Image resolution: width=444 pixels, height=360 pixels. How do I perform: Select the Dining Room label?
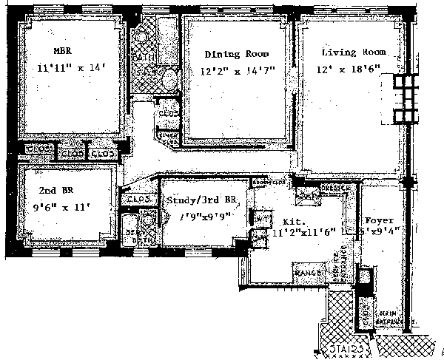point(236,54)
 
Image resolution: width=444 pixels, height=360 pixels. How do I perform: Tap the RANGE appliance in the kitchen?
point(306,273)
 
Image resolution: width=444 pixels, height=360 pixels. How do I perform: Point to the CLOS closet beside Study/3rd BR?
point(139,200)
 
